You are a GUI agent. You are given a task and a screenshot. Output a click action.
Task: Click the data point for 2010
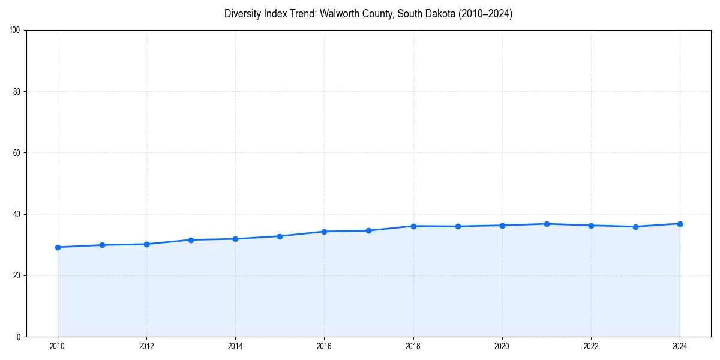click(58, 247)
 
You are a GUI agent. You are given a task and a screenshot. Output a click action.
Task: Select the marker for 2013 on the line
click(191, 240)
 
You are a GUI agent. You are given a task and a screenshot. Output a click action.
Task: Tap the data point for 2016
click(324, 232)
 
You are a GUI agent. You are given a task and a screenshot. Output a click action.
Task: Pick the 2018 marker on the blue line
click(413, 226)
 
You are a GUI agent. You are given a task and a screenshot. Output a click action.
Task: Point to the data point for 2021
click(547, 224)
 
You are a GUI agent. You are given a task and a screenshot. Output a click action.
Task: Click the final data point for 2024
click(680, 224)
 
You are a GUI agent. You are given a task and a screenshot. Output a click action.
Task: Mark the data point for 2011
click(102, 245)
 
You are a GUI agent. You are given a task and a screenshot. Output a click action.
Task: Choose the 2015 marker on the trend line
click(280, 236)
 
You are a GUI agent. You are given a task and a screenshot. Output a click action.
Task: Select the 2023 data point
click(635, 227)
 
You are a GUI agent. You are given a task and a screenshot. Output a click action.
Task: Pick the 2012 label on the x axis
click(146, 346)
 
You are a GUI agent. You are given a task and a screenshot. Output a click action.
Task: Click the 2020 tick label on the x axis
click(502, 346)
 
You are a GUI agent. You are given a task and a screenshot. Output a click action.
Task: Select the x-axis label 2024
click(680, 346)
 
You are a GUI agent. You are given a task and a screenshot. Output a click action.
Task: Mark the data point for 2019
click(458, 226)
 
